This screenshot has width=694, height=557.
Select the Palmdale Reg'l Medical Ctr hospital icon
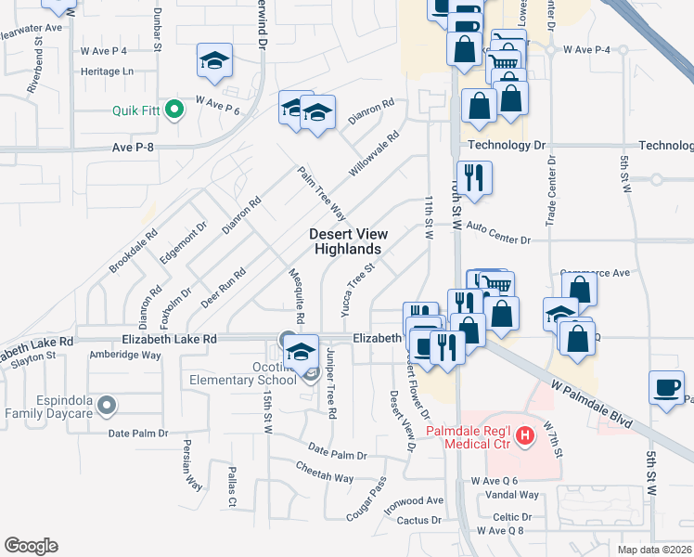[526, 434]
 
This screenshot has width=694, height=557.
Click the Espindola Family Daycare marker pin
[107, 405]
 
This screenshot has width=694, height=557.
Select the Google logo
[31, 546]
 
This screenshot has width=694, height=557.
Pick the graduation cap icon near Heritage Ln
[214, 62]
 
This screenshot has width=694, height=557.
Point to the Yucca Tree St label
[357, 289]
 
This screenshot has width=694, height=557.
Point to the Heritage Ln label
[108, 71]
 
